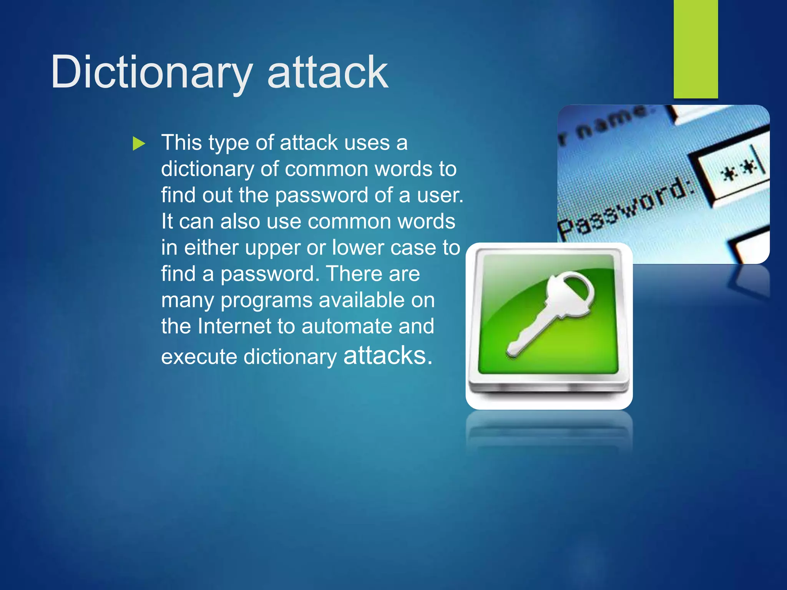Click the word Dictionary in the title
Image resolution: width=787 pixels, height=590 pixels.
pos(151,72)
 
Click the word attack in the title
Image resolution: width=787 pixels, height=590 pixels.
pos(327,72)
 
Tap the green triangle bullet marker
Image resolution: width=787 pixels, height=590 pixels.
pos(139,144)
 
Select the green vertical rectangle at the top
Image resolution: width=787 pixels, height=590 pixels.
pos(696,49)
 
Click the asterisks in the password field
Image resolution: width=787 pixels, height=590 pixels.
pos(738,171)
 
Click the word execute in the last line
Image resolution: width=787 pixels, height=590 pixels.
pos(199,357)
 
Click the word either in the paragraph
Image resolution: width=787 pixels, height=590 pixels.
pos(211,248)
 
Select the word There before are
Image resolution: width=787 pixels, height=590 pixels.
pos(353,274)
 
